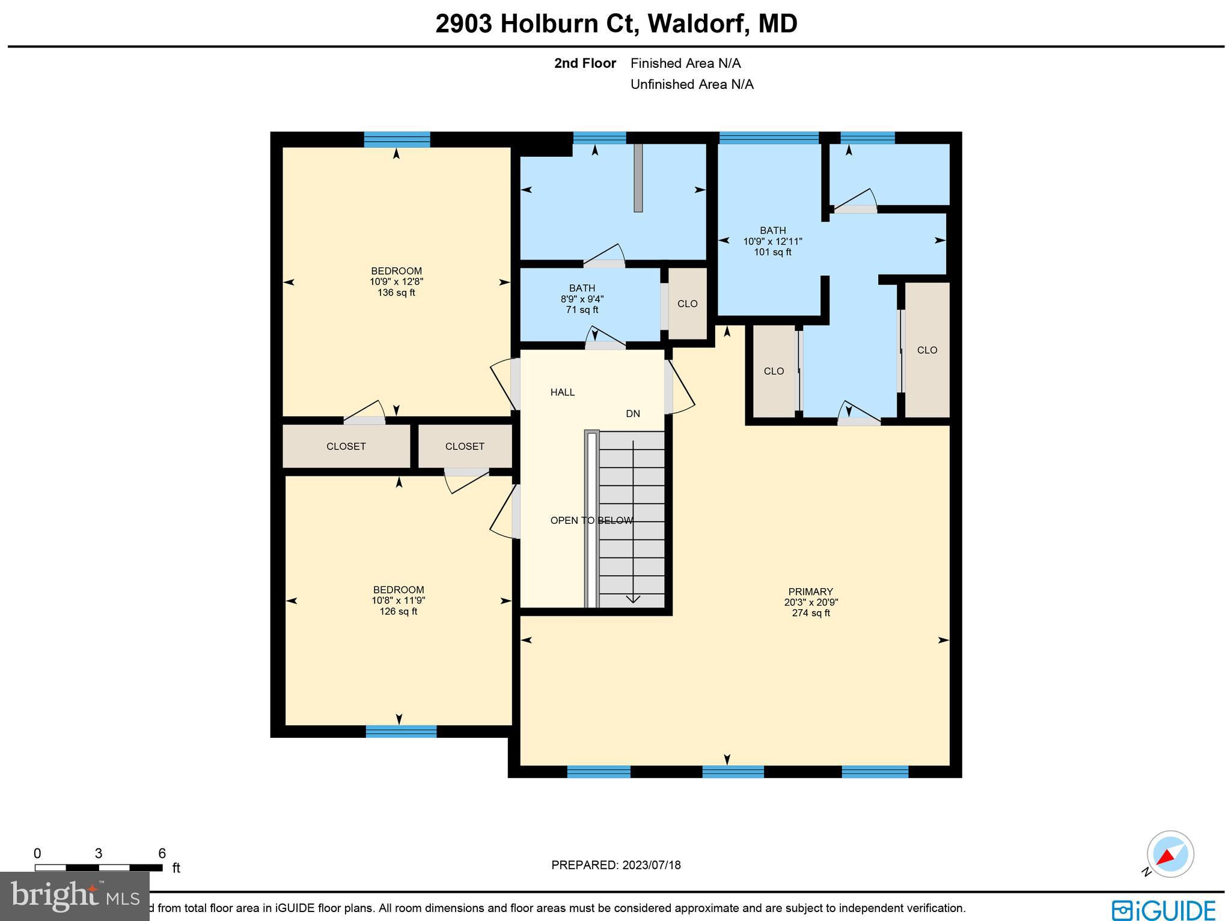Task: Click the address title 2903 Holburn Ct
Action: coord(615,24)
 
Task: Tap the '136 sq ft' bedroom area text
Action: coord(396,293)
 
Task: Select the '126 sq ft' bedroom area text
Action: coord(398,612)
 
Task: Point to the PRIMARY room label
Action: coord(810,591)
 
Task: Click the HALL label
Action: coord(563,392)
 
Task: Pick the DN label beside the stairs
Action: coord(633,413)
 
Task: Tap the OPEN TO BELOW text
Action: coord(591,520)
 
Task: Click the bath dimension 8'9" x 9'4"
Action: coord(582,299)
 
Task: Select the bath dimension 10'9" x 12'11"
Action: coord(772,241)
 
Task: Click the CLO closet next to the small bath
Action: coord(687,303)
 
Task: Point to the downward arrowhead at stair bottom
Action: coord(633,598)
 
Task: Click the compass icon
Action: coord(1170,854)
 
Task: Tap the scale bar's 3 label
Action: coord(99,853)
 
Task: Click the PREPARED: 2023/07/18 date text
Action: coord(615,865)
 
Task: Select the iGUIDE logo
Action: coord(1163,909)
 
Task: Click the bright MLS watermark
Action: coord(75,896)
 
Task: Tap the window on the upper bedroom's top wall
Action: coord(397,139)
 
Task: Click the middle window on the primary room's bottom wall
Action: coord(733,771)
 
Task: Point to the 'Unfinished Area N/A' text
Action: coord(691,84)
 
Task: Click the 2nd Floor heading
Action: coord(585,63)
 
